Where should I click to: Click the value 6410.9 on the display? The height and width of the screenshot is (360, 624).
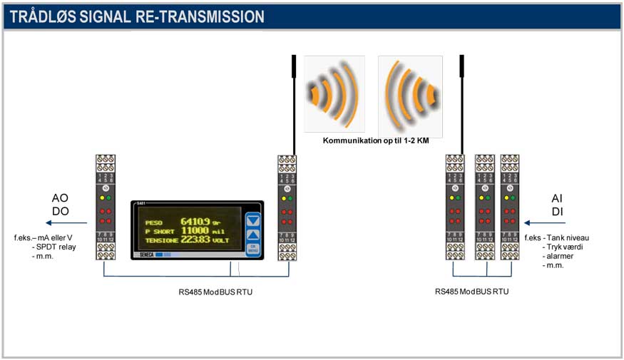(195, 221)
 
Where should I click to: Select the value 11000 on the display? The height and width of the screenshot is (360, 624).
(194, 231)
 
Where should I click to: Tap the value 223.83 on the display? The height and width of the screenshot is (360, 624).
(195, 240)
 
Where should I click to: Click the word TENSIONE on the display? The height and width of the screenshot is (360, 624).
(162, 241)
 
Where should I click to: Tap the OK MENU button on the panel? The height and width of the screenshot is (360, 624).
(252, 249)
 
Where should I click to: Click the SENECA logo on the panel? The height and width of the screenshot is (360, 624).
(148, 254)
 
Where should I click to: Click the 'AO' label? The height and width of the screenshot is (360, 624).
(61, 198)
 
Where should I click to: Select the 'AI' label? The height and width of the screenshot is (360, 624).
(558, 198)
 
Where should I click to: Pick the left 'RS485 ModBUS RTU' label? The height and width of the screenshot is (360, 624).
(215, 292)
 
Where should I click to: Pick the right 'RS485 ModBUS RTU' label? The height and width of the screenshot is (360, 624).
(472, 292)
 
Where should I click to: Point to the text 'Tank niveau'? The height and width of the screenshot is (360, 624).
(566, 237)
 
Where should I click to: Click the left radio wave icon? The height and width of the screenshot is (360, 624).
(334, 93)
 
